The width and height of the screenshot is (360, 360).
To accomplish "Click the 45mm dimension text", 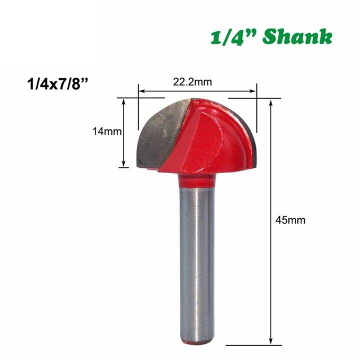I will pos(290,219).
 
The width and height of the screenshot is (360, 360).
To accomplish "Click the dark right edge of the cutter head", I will pos(255,140).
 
